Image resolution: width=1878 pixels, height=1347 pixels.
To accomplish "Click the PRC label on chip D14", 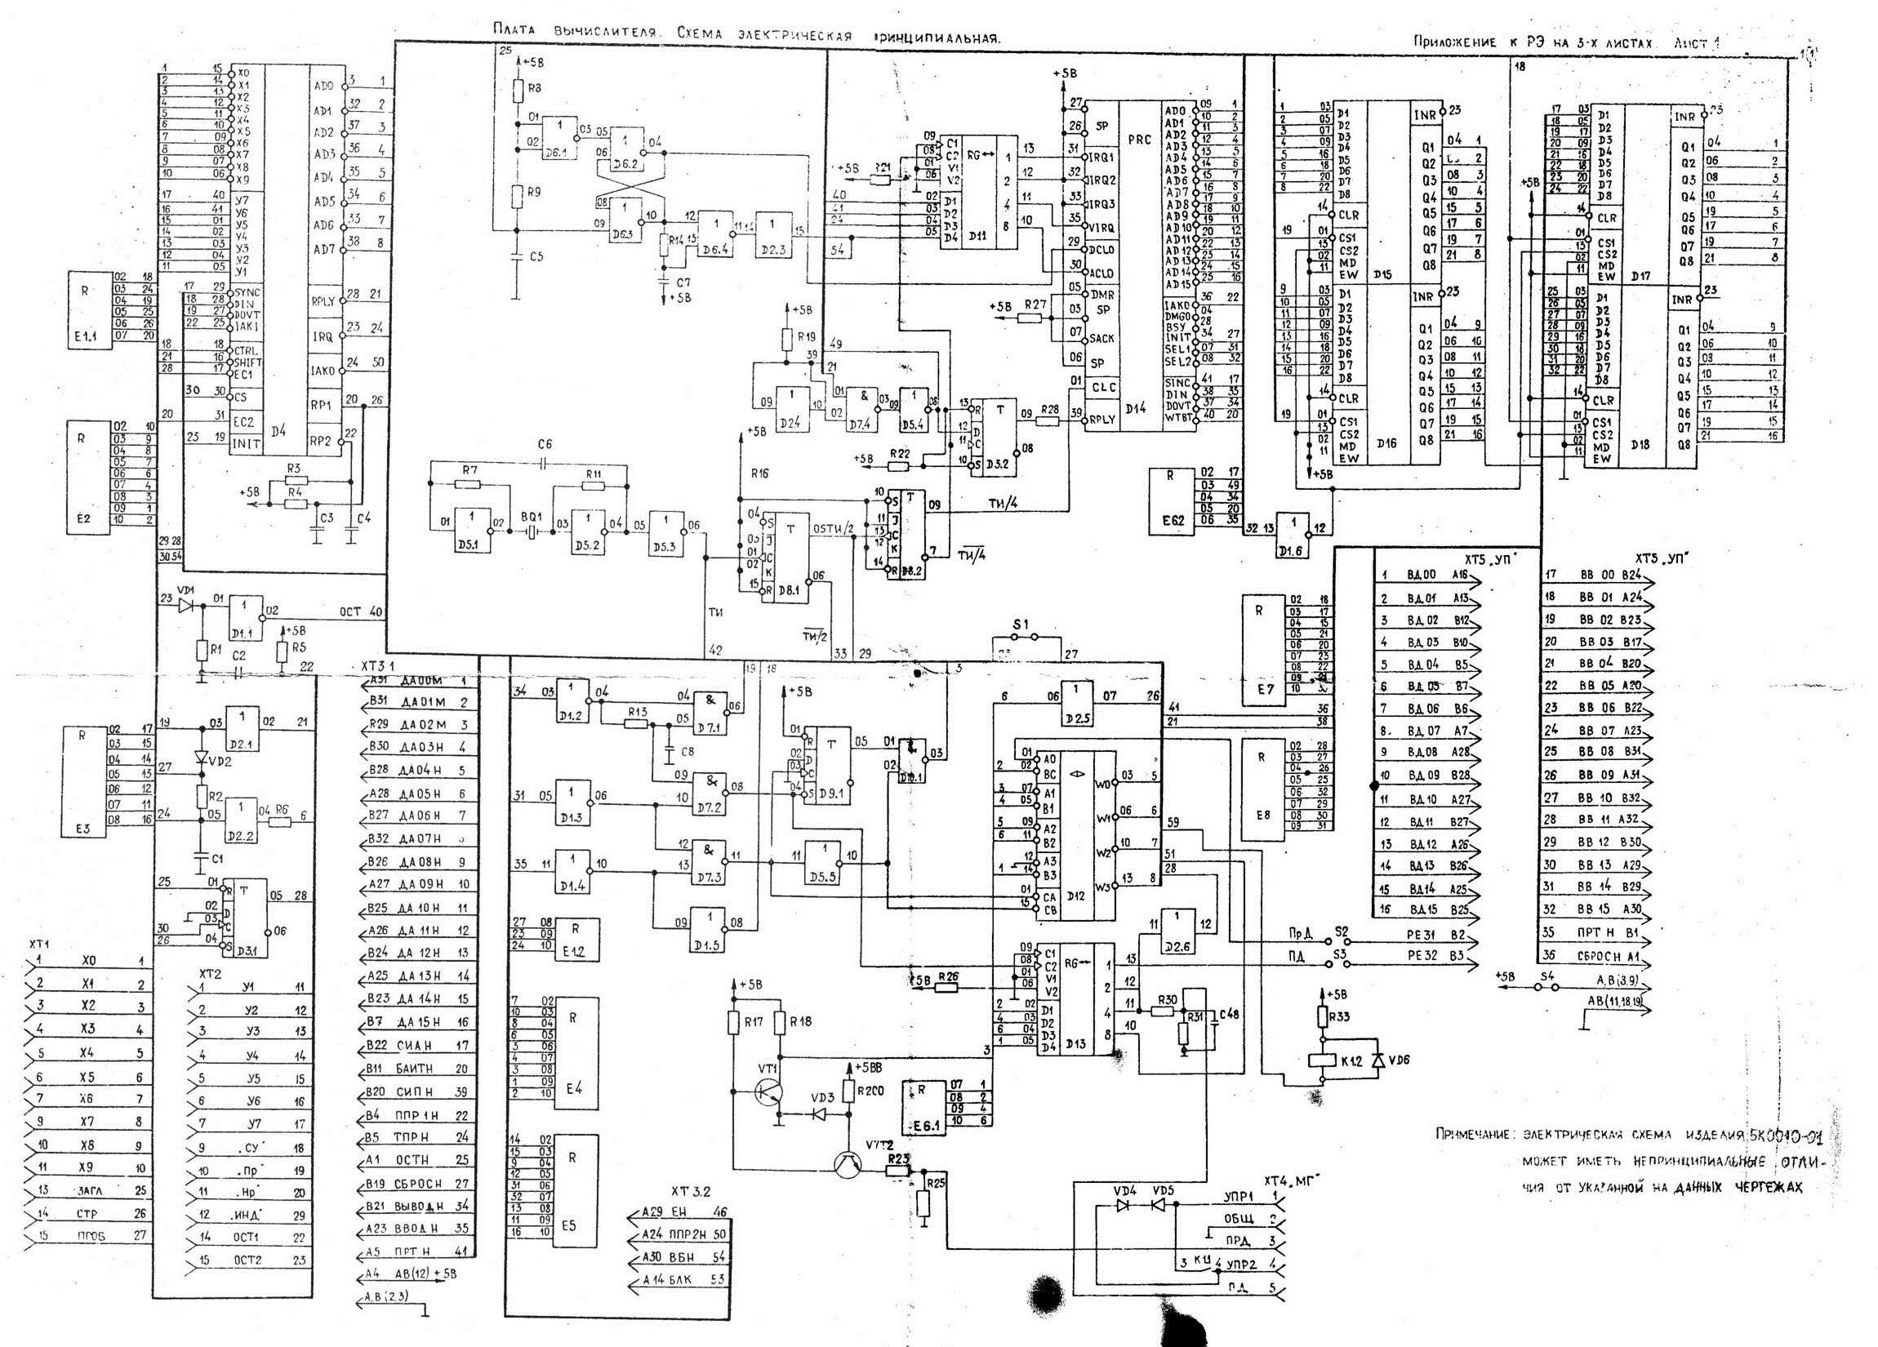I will click(x=1139, y=140).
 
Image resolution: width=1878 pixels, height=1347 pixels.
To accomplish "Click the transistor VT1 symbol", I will click(x=767, y=1091).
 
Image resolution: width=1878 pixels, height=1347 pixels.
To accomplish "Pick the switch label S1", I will click(x=1021, y=624).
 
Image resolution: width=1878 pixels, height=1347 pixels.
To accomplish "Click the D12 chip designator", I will click(x=1075, y=895).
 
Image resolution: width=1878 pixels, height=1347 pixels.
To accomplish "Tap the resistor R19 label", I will click(x=805, y=336).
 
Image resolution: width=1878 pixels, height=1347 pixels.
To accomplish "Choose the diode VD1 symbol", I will click(x=186, y=604).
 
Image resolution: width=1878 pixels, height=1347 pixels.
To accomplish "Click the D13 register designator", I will click(x=1075, y=1044).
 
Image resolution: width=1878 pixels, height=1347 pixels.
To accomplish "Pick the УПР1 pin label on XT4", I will click(x=1239, y=1196).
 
